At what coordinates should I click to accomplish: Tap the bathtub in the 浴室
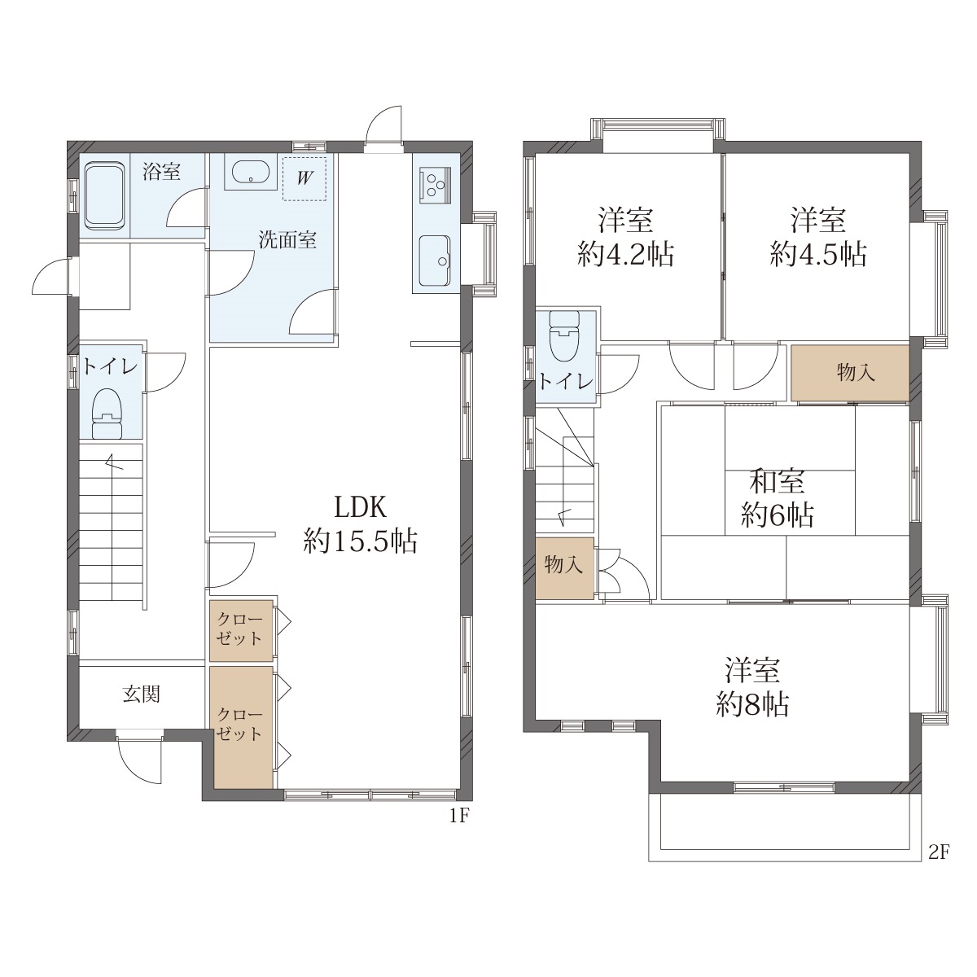105,196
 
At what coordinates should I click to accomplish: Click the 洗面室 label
287,240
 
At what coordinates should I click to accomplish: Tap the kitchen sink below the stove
435,261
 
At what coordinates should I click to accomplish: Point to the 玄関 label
142,694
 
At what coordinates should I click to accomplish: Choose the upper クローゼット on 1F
241,631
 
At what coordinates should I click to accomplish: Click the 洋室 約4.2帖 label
625,237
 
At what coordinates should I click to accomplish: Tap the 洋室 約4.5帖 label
817,237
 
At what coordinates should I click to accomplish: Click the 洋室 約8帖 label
752,687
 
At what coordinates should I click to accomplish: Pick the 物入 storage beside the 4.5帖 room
850,374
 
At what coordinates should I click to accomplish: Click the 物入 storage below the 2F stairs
564,568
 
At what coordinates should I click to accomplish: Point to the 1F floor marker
459,817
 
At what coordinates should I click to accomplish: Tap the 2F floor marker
939,853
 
